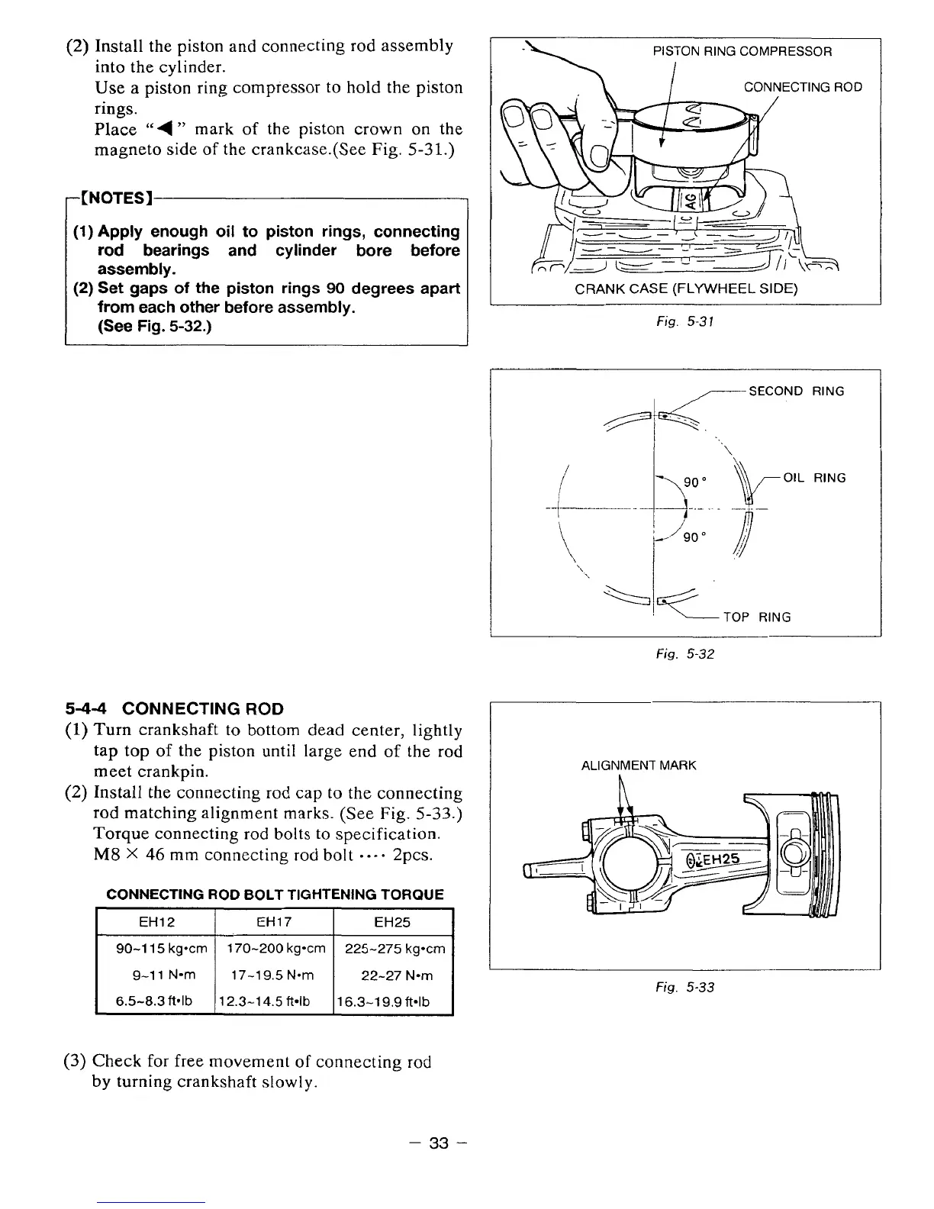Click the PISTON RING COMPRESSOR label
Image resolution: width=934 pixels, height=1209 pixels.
pyautogui.click(x=742, y=52)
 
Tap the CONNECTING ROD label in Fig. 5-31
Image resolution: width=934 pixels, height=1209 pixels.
pyautogui.click(x=803, y=87)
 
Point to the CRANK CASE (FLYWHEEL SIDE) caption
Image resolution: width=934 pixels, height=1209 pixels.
pyautogui.click(x=686, y=289)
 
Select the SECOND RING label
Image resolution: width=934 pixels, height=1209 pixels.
pyautogui.click(x=797, y=392)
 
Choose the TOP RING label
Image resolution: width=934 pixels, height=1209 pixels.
pyautogui.click(x=757, y=617)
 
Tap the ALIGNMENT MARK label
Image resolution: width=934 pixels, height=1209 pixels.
pyautogui.click(x=639, y=766)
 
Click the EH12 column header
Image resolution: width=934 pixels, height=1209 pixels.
pyautogui.click(x=156, y=922)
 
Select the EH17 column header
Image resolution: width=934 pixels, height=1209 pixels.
pyautogui.click(x=275, y=922)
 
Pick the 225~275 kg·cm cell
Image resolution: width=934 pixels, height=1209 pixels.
pyautogui.click(x=395, y=949)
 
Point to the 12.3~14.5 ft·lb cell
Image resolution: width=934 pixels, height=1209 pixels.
pyautogui.click(x=275, y=1001)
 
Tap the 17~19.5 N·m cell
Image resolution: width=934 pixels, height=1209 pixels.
pyautogui.click(x=275, y=975)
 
